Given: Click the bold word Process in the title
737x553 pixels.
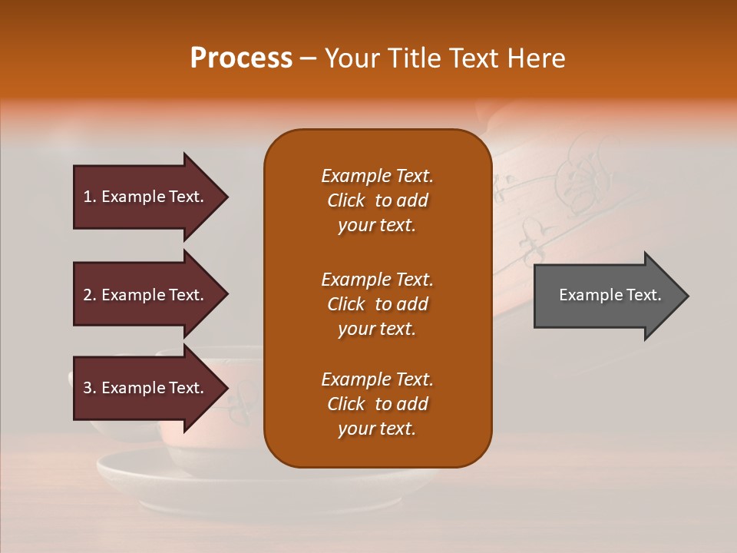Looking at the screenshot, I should point(241,58).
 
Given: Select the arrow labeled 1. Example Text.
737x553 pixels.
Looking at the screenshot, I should point(146,197).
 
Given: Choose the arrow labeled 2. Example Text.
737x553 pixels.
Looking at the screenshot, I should point(146,295).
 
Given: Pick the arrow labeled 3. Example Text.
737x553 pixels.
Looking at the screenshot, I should point(146,388).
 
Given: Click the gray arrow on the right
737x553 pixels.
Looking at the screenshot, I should point(606,295).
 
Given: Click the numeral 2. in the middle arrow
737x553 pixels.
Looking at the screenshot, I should point(90,295).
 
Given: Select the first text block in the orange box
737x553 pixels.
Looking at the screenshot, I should point(377,200).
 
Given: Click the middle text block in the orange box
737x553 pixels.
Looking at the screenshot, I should point(377,304).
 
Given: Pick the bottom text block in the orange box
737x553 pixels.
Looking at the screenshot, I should point(377,404).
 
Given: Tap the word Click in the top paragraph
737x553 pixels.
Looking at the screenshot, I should point(346,200).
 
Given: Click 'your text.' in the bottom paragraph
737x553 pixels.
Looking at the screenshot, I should point(377,429).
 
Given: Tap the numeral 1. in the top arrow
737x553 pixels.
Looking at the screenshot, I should point(90,197).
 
